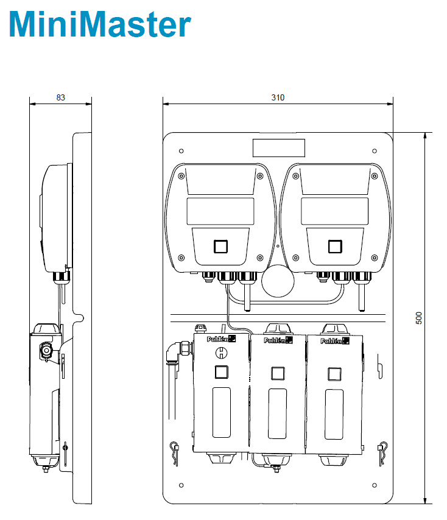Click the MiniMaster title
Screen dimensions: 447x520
pos(100,24)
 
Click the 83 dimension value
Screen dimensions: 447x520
pos(61,97)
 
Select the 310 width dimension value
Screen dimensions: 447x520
pos(278,97)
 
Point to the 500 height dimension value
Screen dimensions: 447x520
pos(419,318)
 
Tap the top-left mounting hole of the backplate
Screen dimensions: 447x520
pos(181,151)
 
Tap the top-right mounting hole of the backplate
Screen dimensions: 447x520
pos(375,151)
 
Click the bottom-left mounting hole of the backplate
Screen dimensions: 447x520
pos(181,485)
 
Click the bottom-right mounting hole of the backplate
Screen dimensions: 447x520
pos(375,485)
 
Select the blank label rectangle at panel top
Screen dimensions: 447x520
pos(279,148)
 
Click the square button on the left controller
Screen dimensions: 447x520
pos(220,247)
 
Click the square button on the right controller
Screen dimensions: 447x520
pos(335,247)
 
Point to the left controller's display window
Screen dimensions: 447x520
pos(220,211)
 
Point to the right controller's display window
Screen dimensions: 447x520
pos(334,211)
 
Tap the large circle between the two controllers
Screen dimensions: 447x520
pos(278,281)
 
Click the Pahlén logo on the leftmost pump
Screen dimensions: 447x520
pos(221,339)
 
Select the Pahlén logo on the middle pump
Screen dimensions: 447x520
pos(278,340)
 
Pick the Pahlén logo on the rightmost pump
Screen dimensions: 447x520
pos(335,340)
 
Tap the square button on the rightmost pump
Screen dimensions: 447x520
pos(334,374)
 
